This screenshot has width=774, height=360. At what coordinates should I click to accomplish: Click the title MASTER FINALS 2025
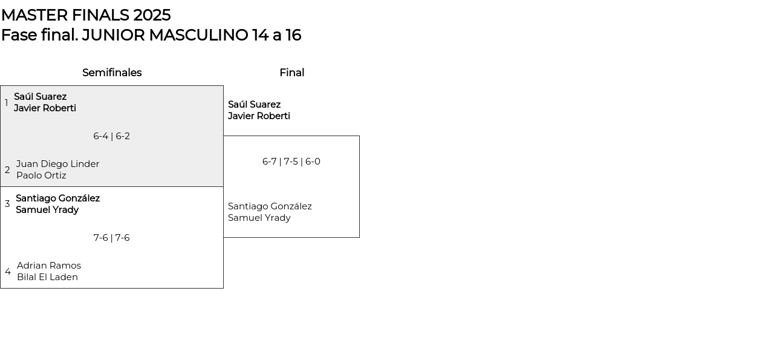pyautogui.click(x=85, y=15)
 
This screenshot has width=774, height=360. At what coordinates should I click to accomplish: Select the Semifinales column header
pyautogui.click(x=112, y=73)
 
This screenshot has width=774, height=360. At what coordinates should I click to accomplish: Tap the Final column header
pyautogui.click(x=291, y=73)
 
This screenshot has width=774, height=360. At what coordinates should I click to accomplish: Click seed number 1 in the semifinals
pyautogui.click(x=7, y=103)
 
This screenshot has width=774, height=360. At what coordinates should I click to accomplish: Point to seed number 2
pyautogui.click(x=7, y=170)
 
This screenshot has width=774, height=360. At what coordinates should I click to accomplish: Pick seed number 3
pyautogui.click(x=7, y=204)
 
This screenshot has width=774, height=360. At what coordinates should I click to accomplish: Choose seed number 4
pyautogui.click(x=8, y=272)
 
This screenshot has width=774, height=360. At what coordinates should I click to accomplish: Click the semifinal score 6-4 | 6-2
pyautogui.click(x=111, y=136)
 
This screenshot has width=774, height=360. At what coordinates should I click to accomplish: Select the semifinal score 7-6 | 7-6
pyautogui.click(x=111, y=238)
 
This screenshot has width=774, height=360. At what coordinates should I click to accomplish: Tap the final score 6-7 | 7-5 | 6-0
pyautogui.click(x=291, y=162)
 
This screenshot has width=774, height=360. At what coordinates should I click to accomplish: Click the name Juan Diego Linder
pyautogui.click(x=57, y=164)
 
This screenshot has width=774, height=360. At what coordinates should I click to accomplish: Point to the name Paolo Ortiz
pyautogui.click(x=41, y=175)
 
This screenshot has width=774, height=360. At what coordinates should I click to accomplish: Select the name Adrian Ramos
pyautogui.click(x=49, y=266)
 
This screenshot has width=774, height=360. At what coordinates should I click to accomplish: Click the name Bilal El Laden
pyautogui.click(x=47, y=277)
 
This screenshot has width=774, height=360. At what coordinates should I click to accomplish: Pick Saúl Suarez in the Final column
pyautogui.click(x=254, y=105)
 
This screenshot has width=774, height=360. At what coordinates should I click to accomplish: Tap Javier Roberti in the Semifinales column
pyautogui.click(x=45, y=108)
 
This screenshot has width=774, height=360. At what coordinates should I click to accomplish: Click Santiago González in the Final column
pyautogui.click(x=270, y=206)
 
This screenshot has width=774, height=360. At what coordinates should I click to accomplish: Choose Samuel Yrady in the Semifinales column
pyautogui.click(x=47, y=210)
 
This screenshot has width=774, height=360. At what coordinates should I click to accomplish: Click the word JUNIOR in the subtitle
pyautogui.click(x=113, y=35)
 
